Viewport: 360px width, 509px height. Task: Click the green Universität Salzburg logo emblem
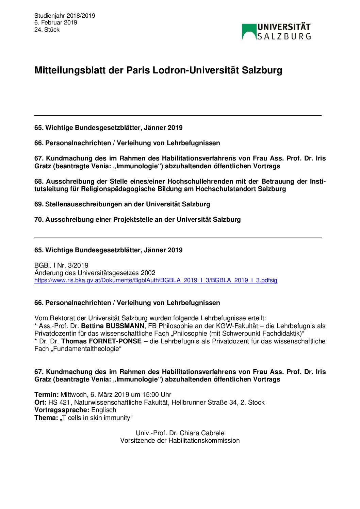249,32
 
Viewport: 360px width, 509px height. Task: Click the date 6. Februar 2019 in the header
55,22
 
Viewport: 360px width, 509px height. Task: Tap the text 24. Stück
47,30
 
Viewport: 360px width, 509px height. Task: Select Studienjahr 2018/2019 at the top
65,16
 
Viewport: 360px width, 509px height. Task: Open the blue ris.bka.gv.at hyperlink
156,280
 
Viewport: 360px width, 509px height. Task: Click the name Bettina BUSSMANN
113,326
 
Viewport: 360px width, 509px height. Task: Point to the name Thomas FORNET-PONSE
101,341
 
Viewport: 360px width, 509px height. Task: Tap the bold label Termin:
47,394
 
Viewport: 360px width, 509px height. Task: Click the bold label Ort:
40,402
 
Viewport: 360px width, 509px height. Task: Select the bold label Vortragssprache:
62,410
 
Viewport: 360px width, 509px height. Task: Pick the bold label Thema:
46,418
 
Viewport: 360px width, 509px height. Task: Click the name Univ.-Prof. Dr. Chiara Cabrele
180,433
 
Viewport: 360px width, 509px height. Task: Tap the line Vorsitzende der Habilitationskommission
180,440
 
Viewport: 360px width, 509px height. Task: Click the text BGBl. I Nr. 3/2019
61,265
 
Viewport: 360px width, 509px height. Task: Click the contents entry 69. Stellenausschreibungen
122,204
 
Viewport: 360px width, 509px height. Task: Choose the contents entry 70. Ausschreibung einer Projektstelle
137,219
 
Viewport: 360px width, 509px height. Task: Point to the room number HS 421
60,402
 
